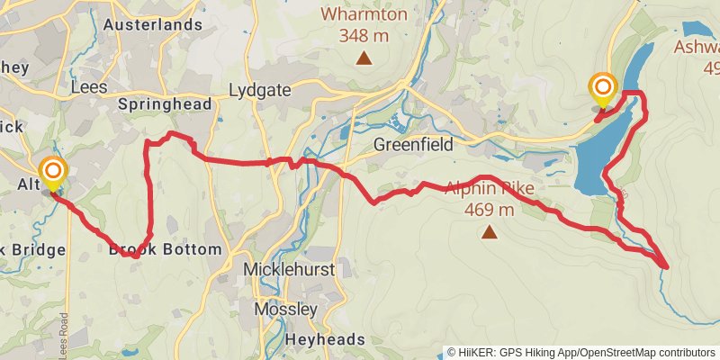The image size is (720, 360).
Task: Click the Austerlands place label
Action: coord(152,24)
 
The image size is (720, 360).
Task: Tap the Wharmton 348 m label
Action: coord(364,25)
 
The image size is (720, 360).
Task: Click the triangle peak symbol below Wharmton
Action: coord(364,59)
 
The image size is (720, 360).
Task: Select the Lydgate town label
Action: coord(261,90)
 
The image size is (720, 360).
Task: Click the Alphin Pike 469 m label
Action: coord(490,199)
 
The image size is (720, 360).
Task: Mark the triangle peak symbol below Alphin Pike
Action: coord(490,233)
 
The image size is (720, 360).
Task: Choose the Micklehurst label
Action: coord(289,269)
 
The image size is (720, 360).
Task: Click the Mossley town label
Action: coord(286,309)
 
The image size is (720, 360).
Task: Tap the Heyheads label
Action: coord(325,339)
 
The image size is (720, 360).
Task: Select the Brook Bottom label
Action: coord(165,249)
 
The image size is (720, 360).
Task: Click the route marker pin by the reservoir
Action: coord(601,90)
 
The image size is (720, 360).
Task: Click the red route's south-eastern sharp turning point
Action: coord(666,266)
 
